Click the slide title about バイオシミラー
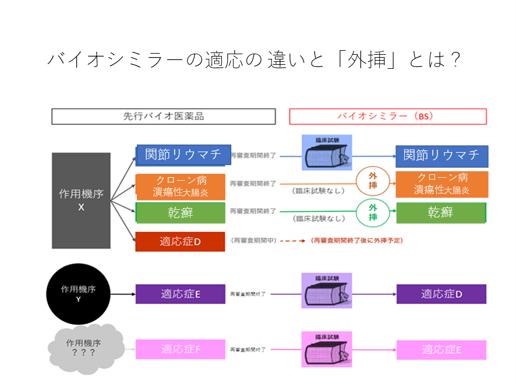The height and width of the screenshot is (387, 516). pyautogui.click(x=255, y=60)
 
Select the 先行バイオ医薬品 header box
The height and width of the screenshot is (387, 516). pyautogui.click(x=163, y=117)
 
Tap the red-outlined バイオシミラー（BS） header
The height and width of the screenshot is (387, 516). pyautogui.click(x=387, y=117)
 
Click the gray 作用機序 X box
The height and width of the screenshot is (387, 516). pyautogui.click(x=81, y=200)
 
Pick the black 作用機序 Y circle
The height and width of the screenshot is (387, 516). pyautogui.click(x=78, y=294)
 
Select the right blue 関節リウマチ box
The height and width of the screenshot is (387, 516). pyautogui.click(x=442, y=156)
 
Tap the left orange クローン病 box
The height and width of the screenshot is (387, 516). pyautogui.click(x=181, y=186)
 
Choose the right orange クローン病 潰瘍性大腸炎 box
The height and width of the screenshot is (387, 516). pyautogui.click(x=442, y=184)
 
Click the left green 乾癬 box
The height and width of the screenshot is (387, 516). pyautogui.click(x=181, y=213)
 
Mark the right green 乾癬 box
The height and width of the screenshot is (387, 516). pyautogui.click(x=442, y=213)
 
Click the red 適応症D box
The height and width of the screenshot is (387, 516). pyautogui.click(x=180, y=241)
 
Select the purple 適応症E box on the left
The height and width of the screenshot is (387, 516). pyautogui.click(x=180, y=294)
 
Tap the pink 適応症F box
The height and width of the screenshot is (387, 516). pyautogui.click(x=180, y=349)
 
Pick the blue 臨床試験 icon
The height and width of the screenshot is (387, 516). pyautogui.click(x=327, y=153)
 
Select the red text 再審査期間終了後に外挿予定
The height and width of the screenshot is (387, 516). pyautogui.click(x=357, y=240)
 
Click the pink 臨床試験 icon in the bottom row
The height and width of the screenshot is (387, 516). pyautogui.click(x=327, y=349)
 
